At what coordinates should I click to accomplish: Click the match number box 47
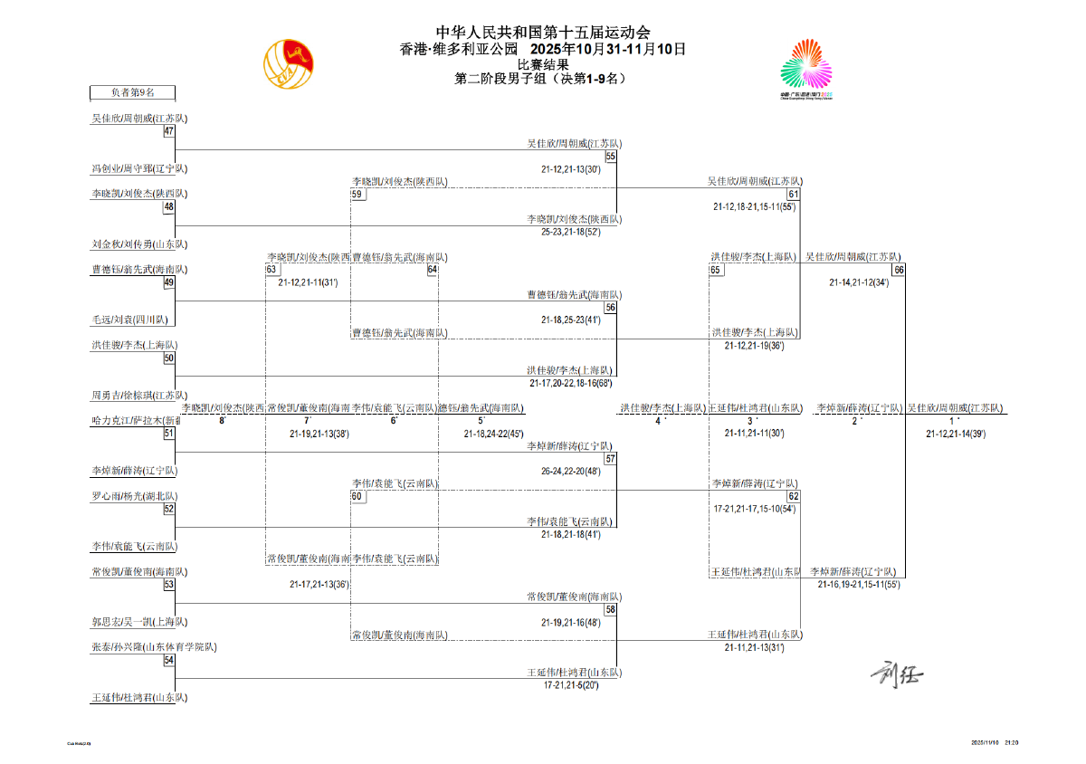168,131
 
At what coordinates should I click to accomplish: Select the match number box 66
899,270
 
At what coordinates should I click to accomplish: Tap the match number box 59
357,194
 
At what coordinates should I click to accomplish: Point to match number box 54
168,661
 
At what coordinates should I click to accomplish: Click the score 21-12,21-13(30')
571,169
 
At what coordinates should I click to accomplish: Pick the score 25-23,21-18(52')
571,232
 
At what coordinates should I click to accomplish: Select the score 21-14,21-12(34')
859,282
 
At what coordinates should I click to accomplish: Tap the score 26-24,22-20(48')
571,472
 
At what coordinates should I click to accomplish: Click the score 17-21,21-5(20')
572,686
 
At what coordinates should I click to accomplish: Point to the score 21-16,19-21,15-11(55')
859,585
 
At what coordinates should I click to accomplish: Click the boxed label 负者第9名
133,92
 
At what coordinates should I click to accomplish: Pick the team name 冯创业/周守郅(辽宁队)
139,168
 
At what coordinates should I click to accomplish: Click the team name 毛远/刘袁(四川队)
129,320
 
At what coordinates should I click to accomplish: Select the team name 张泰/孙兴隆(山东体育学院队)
154,647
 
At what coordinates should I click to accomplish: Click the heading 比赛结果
543,64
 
